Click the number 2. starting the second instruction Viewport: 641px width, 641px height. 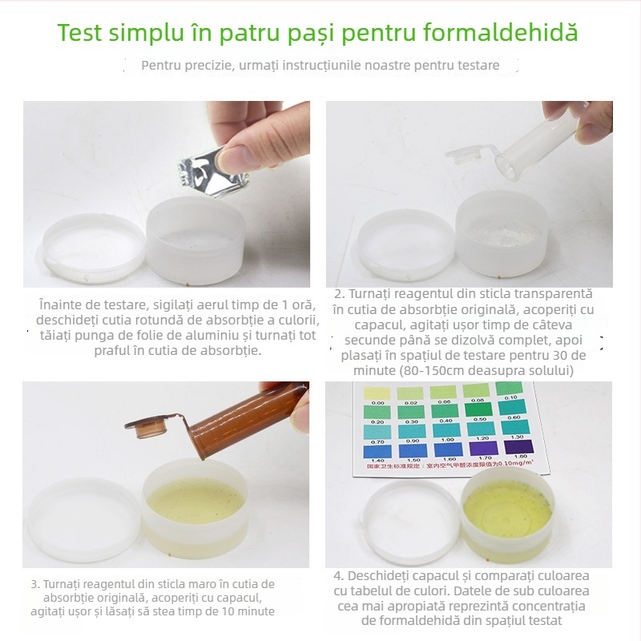339,295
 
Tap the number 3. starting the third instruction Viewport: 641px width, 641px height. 35,583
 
